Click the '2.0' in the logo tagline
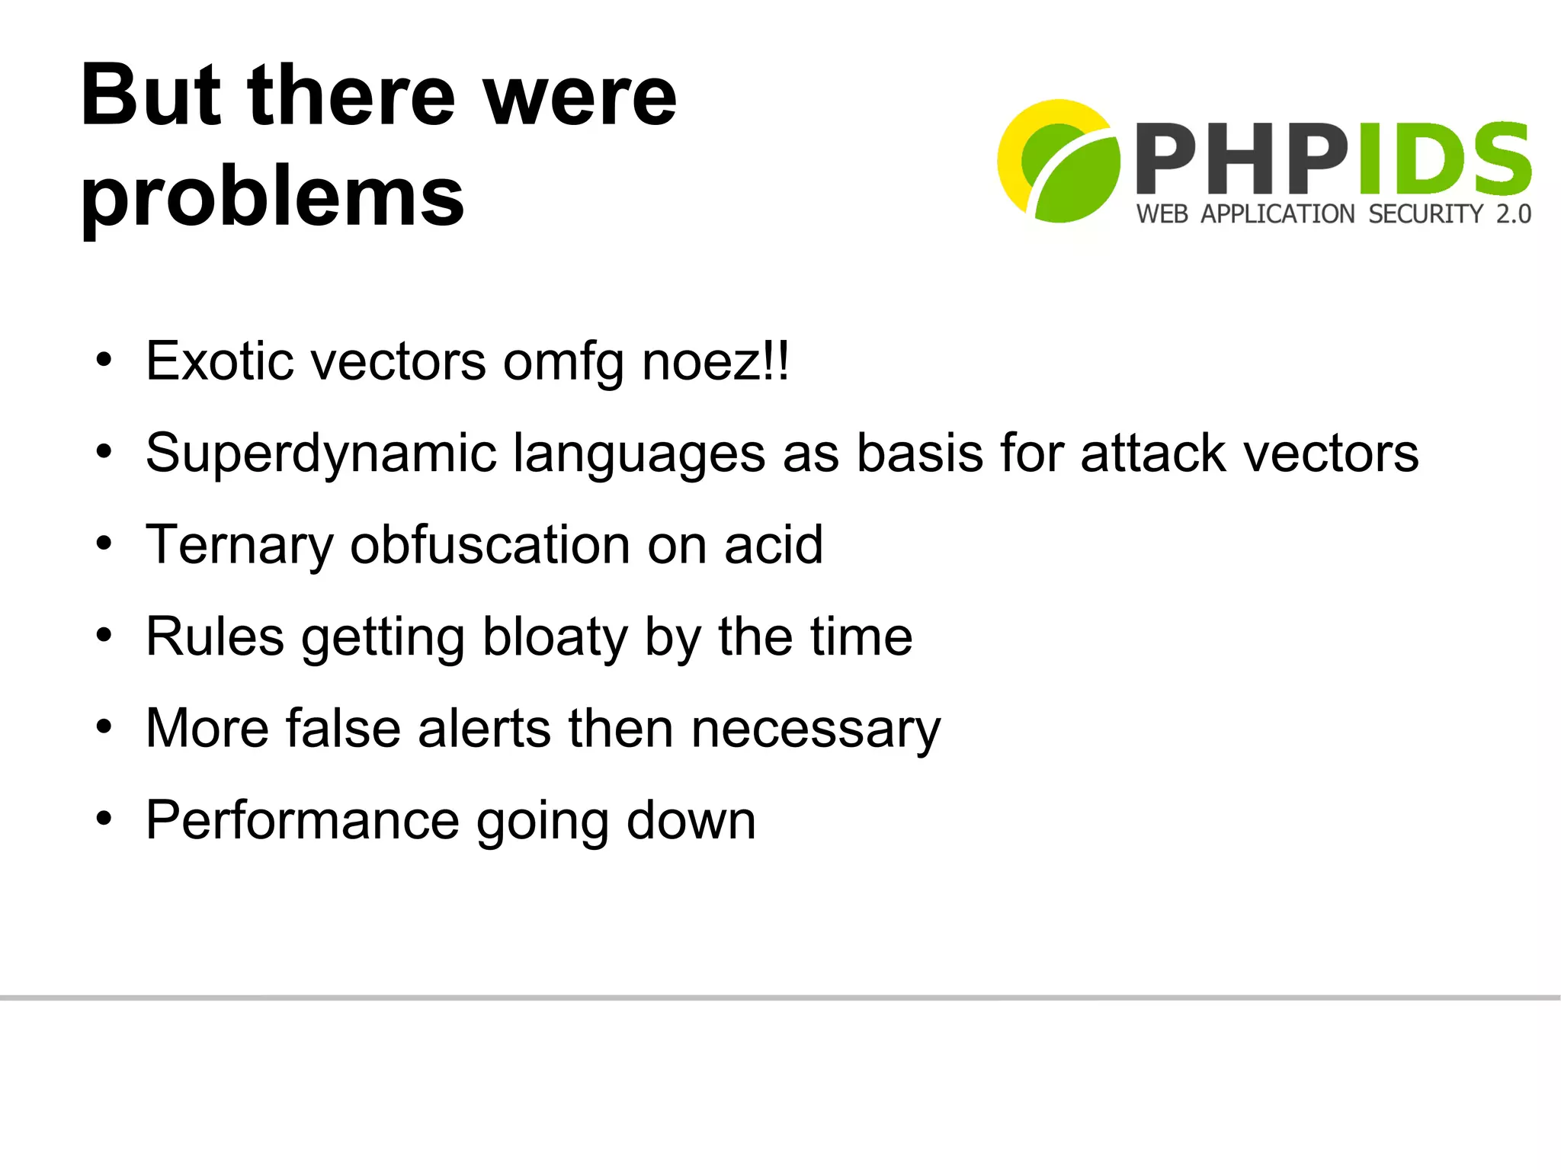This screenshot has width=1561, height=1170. pos(1513,214)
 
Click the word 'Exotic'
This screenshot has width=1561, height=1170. pos(220,361)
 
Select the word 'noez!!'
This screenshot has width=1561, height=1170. pos(716,361)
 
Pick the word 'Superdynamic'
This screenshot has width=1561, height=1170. pos(321,454)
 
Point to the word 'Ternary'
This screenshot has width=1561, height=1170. pos(239,546)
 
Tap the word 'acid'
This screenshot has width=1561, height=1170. pos(774,545)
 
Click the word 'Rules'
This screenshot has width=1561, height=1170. pos(215,636)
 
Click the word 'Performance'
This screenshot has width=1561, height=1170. pos(303,821)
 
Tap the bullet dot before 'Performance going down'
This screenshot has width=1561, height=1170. pos(104,819)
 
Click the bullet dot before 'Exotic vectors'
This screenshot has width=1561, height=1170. pos(104,359)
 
